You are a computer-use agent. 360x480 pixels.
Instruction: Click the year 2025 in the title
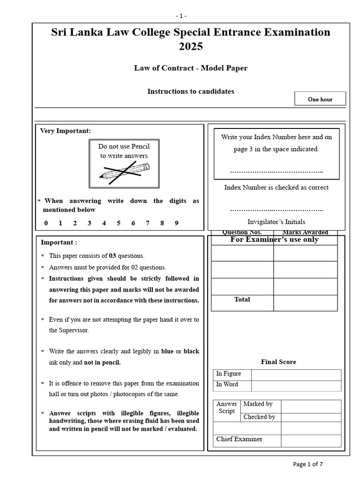[x=190, y=47]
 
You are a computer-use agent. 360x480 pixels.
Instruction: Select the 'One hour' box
[x=320, y=99]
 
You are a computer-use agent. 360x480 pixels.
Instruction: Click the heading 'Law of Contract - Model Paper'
[x=190, y=68]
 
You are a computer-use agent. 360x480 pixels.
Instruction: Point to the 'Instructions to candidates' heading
[x=190, y=91]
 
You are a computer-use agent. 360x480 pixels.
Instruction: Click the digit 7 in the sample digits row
[x=148, y=223]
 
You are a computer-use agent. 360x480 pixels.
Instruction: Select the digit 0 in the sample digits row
[x=46, y=223]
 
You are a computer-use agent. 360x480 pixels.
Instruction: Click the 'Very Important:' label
[x=66, y=131]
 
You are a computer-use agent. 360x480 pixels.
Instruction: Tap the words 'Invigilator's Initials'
[x=276, y=222]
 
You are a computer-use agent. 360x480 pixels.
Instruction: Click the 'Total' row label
[x=242, y=300]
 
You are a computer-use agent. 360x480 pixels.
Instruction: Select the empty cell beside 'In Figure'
[x=296, y=374]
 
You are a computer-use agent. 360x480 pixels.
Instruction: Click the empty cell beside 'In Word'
[x=296, y=385]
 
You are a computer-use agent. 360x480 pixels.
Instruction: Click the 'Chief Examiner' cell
[x=247, y=440]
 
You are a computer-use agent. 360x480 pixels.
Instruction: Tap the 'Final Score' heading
[x=278, y=362]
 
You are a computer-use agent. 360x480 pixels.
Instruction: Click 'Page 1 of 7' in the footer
[x=307, y=464]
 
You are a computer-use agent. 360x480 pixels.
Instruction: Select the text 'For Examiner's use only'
[x=275, y=240]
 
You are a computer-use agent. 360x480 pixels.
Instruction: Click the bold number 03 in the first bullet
[x=112, y=256]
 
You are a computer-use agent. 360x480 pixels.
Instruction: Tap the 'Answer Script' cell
[x=227, y=407]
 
